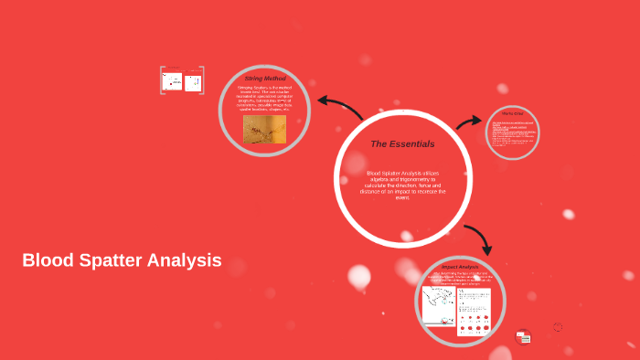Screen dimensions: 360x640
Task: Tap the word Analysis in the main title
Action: coord(187,260)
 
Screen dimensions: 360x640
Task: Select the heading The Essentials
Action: coord(402,143)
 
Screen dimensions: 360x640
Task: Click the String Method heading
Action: coord(264,79)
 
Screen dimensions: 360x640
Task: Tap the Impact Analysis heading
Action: coord(460,267)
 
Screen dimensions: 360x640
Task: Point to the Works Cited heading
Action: coord(512,113)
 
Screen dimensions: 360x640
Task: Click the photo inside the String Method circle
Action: coord(264,129)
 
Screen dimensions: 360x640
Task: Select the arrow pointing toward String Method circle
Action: coord(339,106)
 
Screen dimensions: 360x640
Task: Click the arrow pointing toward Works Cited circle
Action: coord(469,122)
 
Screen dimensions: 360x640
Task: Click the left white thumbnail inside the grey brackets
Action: coord(172,81)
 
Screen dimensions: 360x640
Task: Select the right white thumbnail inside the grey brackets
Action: coord(193,83)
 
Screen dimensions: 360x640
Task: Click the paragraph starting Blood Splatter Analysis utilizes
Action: coord(402,185)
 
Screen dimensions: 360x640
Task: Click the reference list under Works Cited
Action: coord(512,135)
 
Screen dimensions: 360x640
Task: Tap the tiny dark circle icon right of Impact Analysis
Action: coord(523,336)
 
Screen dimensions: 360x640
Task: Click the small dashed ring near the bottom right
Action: coord(558,326)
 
